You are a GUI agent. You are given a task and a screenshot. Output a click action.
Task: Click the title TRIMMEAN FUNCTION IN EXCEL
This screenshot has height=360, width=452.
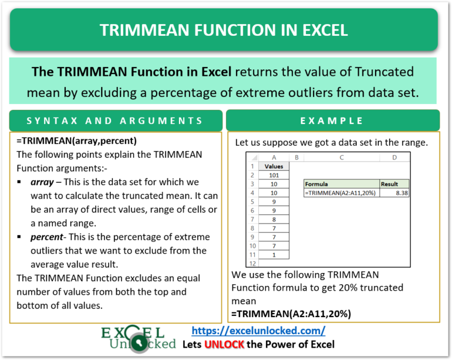224,30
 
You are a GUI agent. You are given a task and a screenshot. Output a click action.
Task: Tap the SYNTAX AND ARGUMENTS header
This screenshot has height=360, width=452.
116,121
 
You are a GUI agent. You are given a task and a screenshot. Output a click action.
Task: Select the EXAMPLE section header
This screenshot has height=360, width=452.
333,121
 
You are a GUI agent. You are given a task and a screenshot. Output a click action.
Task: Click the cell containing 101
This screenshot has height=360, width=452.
274,175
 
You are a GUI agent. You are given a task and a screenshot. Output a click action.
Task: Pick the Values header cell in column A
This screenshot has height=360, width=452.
274,166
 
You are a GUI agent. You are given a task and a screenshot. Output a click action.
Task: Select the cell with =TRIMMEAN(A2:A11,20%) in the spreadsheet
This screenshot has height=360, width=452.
341,192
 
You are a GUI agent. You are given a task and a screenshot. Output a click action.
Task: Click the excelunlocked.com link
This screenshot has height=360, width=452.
259,331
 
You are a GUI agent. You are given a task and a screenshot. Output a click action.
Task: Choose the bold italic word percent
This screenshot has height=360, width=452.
49,236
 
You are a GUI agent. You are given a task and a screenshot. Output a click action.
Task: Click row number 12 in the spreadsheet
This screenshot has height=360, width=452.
252,263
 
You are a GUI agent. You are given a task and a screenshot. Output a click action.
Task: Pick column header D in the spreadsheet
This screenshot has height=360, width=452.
394,158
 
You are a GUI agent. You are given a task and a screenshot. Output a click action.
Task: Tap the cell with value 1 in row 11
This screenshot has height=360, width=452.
274,254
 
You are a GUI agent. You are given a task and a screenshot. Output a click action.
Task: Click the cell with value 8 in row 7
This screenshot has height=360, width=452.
274,219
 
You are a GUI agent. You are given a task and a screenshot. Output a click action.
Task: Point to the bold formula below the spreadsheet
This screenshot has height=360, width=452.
291,314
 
